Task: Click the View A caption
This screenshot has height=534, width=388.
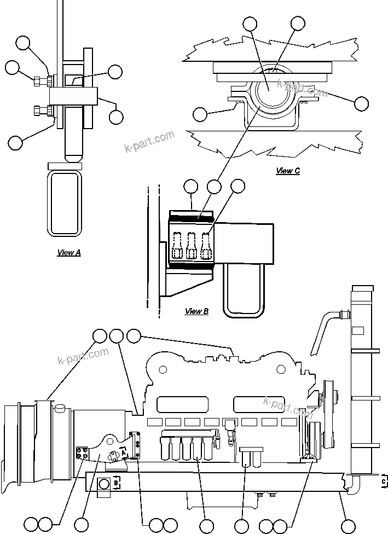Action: pyautogui.click(x=69, y=253)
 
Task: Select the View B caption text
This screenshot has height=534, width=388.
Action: pyautogui.click(x=196, y=311)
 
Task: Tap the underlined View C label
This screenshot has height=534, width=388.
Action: pyautogui.click(x=288, y=171)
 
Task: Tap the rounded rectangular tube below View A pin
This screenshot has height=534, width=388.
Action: pyautogui.click(x=65, y=202)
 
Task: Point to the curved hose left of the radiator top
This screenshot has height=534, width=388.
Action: pyautogui.click(x=326, y=328)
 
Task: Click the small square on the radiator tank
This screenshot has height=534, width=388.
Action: pyautogui.click(x=358, y=330)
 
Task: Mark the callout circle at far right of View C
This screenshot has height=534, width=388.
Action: pyautogui.click(x=362, y=103)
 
